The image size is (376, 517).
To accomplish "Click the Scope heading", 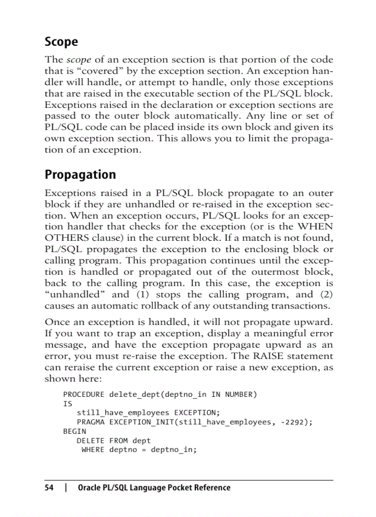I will (61, 42).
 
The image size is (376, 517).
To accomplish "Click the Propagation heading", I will (80, 175).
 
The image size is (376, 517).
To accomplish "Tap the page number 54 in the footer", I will (49, 488).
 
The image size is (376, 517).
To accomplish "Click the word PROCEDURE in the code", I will (84, 395).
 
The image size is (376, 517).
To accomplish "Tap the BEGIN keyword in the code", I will (74, 431).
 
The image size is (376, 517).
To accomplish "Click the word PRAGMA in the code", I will (88, 422).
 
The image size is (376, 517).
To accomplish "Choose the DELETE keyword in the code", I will (90, 441).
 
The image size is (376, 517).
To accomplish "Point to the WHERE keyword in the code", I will (93, 450).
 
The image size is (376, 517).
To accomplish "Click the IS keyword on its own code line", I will (68, 404).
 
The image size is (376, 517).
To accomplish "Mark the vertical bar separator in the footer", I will (67, 488).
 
